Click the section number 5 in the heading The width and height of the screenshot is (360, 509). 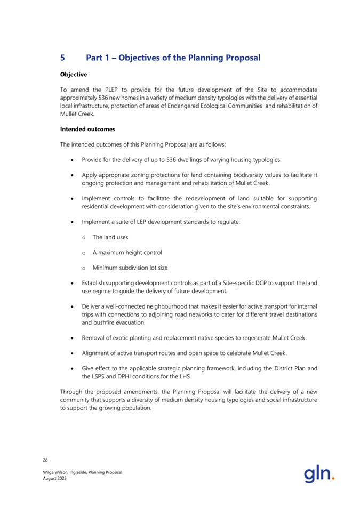63,56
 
